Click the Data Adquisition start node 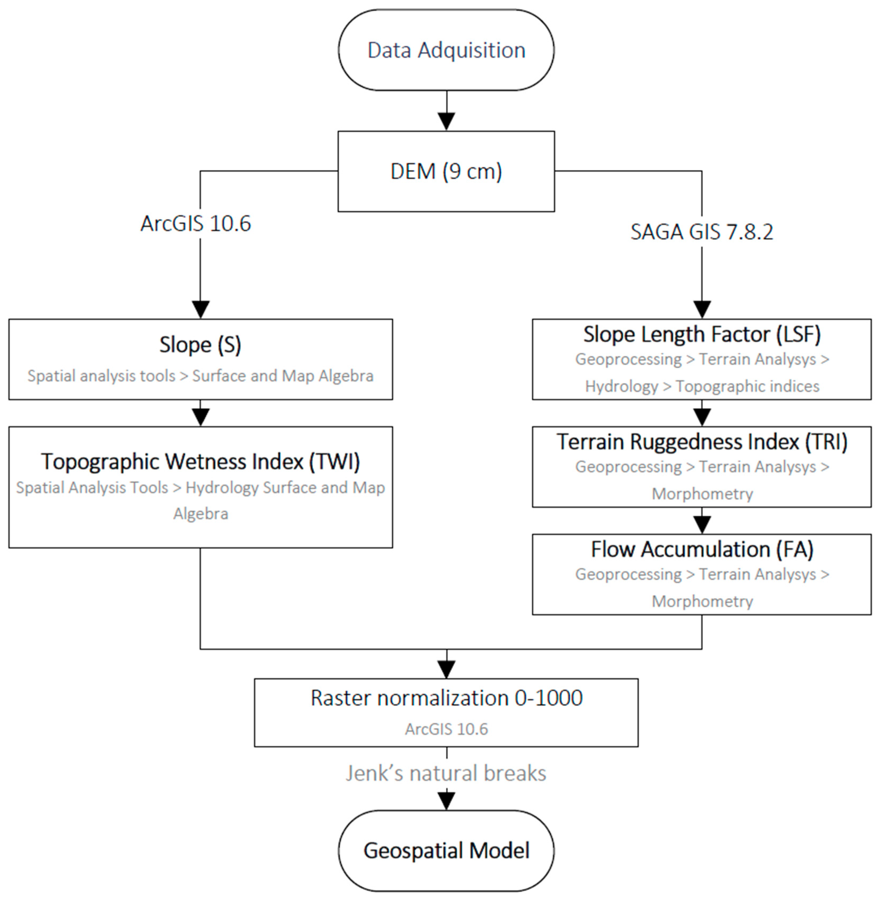click(x=446, y=50)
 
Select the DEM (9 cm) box click(x=446, y=171)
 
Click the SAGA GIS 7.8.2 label click(x=701, y=231)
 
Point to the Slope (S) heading click(x=200, y=344)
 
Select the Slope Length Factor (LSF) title click(x=701, y=334)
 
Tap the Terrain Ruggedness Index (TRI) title click(x=701, y=442)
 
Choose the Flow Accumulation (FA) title click(x=701, y=549)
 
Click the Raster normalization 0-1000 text click(x=446, y=697)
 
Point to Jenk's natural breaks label click(x=446, y=773)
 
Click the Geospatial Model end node click(x=446, y=850)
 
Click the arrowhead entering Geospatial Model click(x=446, y=801)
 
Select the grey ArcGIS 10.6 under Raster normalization click(x=446, y=729)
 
